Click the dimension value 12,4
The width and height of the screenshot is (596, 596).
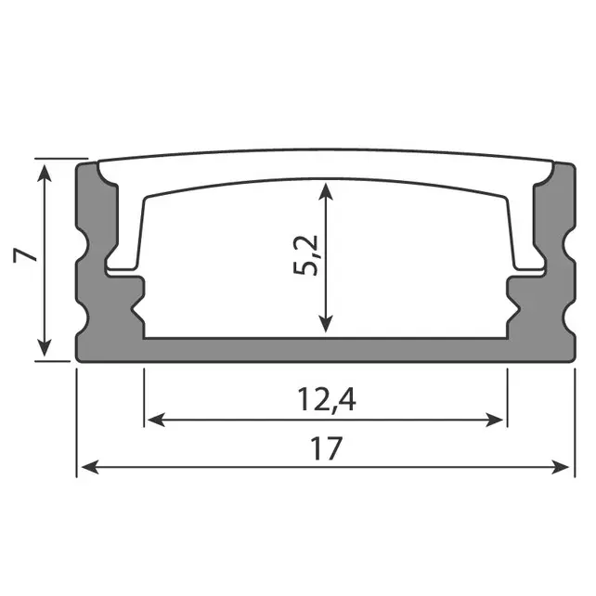tap(328, 400)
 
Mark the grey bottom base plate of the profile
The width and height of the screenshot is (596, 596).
tap(325, 349)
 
